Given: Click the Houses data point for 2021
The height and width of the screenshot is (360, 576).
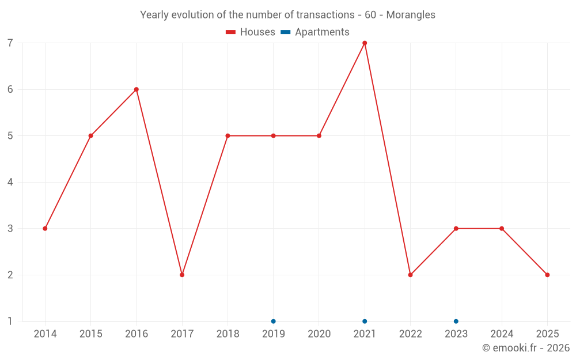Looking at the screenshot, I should (365, 43).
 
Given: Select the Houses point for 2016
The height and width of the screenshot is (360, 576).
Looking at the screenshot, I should (137, 89).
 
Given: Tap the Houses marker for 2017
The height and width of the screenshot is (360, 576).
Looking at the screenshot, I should (182, 275).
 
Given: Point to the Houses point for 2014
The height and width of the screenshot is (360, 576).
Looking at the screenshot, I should (45, 229).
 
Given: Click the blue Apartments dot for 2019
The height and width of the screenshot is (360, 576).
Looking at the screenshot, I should (274, 321).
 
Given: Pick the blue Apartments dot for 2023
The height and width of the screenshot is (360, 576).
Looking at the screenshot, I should (456, 321).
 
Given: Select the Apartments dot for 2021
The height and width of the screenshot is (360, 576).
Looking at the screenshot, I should (365, 321).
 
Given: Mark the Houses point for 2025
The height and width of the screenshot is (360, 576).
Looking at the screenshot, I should (547, 275).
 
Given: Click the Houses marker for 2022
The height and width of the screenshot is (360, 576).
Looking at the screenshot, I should (410, 275).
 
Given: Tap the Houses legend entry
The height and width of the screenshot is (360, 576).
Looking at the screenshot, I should (251, 32).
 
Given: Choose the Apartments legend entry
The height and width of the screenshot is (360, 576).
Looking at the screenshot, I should (315, 32).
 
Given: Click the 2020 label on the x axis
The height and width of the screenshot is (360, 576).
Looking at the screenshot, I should (319, 334).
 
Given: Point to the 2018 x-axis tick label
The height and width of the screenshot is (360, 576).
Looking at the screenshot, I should (228, 334).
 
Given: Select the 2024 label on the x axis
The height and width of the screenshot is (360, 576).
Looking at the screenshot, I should (502, 334).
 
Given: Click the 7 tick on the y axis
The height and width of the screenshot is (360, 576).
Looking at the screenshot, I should (10, 43).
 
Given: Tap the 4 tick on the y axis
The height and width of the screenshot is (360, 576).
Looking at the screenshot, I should (10, 183).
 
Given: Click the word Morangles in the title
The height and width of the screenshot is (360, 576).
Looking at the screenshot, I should (411, 15).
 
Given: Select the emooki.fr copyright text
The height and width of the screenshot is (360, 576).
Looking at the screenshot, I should (526, 348).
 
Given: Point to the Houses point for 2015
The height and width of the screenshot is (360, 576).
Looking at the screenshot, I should (90, 136).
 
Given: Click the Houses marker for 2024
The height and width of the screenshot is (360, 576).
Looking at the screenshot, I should (502, 229).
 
